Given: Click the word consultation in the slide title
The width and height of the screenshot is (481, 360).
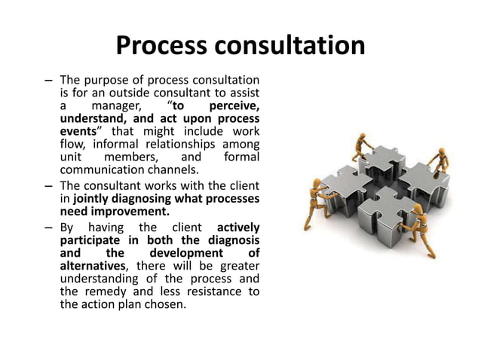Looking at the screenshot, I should pos(291,46).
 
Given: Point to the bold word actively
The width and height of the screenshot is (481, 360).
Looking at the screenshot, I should pos(237,228).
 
